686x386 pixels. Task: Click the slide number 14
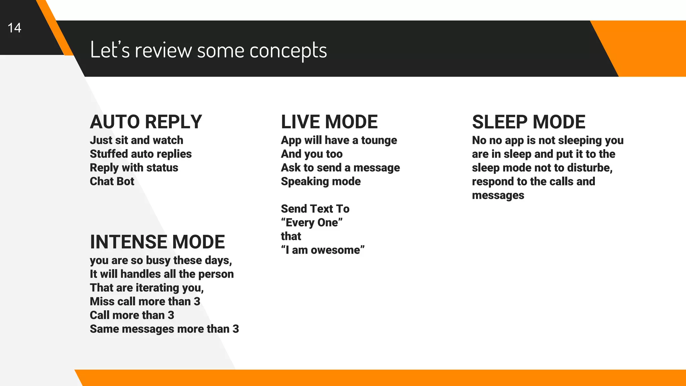pos(14,28)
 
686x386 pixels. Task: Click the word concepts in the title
pos(288,51)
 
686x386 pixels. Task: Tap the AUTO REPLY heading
pos(146,122)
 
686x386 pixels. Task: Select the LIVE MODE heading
pos(329,122)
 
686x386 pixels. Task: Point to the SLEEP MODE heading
pos(528,122)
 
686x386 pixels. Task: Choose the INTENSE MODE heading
pos(157,242)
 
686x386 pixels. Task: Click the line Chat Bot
pos(112,181)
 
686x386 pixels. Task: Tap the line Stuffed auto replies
pos(140,154)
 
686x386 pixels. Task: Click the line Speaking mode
pos(321,181)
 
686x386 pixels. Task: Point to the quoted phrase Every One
pos(312,222)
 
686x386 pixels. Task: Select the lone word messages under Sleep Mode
pos(498,195)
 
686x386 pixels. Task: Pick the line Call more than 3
pos(132,315)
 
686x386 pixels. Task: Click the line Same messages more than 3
pos(164,329)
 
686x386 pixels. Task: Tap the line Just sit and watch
pos(136,140)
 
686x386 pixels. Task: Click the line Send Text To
pos(315,209)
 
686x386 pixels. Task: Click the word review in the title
pos(163,51)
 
